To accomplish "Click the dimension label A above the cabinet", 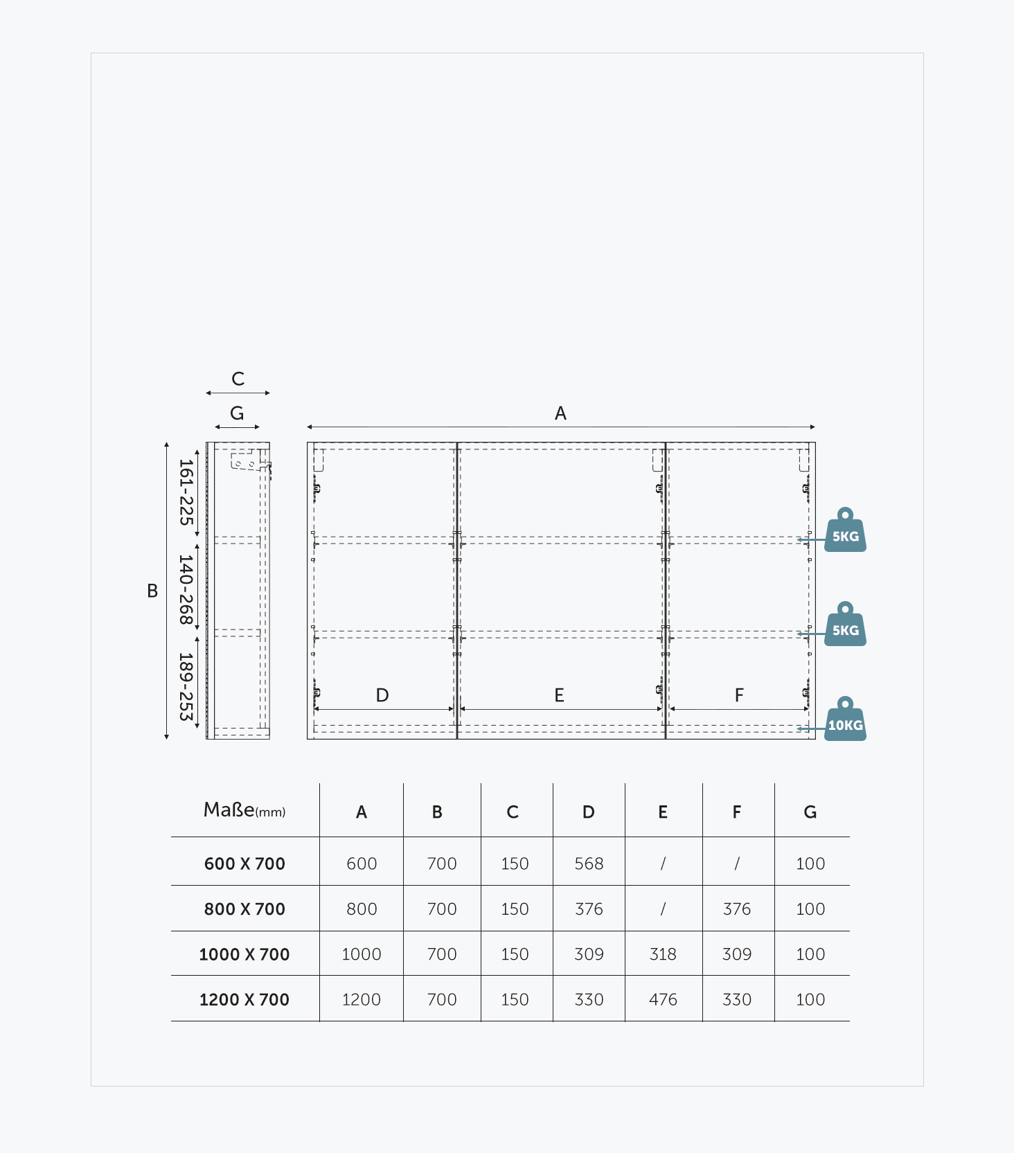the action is click(x=560, y=413).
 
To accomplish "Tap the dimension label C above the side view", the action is click(x=238, y=379).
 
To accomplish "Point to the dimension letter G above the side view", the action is click(x=237, y=413).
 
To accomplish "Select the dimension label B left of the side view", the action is click(x=152, y=591).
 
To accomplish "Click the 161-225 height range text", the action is click(x=186, y=492).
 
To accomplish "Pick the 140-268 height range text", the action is click(x=186, y=589).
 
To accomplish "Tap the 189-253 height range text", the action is click(x=186, y=686).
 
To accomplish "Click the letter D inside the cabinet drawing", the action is click(x=382, y=695).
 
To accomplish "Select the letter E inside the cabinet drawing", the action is click(x=559, y=695).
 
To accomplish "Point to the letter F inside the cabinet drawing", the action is click(x=739, y=695).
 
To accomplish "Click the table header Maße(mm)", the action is click(x=244, y=810).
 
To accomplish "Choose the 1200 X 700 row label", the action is click(x=244, y=999).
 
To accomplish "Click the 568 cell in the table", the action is click(x=589, y=864).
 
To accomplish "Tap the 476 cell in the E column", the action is click(x=663, y=999).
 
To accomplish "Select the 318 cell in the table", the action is click(x=663, y=954).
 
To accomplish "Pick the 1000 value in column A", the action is click(x=362, y=954).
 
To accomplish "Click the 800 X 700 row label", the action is click(x=244, y=909).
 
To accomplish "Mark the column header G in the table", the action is click(x=810, y=812).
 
